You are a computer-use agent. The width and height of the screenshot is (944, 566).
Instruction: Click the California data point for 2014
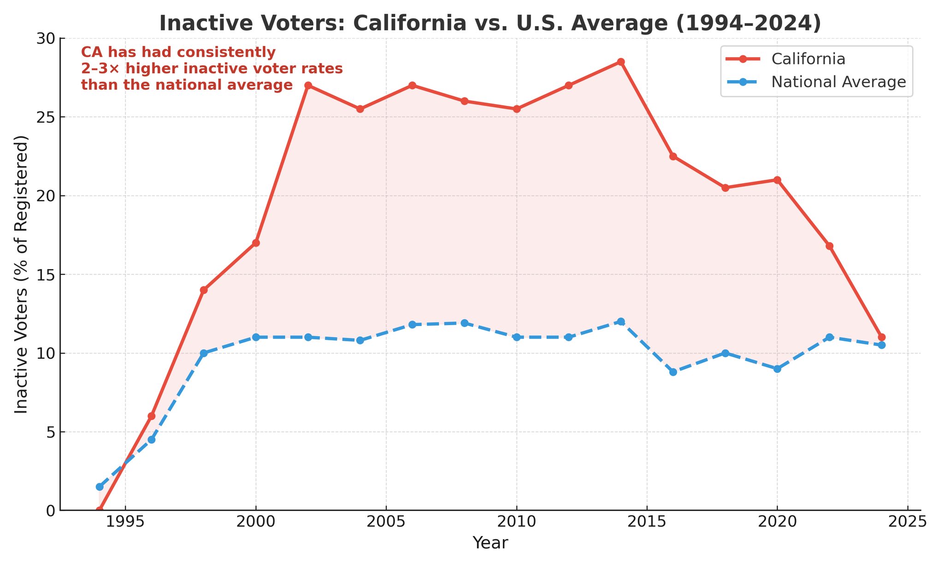(621, 62)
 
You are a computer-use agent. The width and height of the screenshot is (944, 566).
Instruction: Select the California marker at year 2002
(308, 86)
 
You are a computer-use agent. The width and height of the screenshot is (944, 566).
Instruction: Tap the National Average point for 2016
(673, 372)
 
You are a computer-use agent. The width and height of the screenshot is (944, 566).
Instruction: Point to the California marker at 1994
(100, 510)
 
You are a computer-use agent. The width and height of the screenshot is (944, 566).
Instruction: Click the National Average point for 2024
(881, 345)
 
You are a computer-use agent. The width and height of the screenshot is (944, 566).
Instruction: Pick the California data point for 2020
(777, 180)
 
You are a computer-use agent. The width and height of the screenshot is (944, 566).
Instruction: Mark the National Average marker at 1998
(204, 353)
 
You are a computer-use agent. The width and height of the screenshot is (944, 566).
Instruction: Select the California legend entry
(808, 59)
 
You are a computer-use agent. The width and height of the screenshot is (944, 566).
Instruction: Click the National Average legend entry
(838, 82)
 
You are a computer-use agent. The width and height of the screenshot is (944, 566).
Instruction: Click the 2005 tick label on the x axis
(386, 522)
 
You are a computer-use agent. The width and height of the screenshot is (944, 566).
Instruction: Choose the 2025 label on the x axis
(908, 522)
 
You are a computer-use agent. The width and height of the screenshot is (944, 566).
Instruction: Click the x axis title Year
(490, 543)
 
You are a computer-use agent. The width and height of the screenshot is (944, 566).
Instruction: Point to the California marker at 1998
(204, 290)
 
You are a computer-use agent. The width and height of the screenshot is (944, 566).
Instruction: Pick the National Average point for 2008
(465, 323)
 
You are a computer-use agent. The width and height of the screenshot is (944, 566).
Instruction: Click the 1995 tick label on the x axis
(125, 522)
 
